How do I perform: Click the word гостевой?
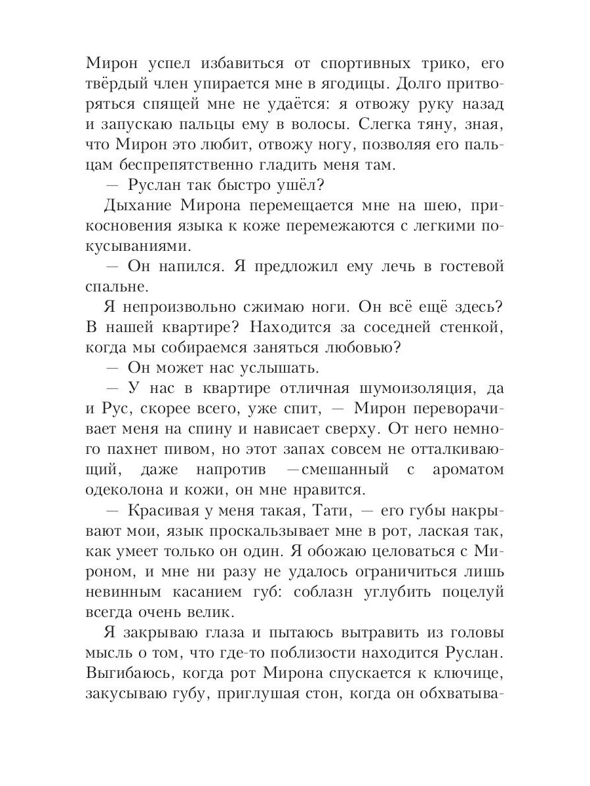pos(467,267)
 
